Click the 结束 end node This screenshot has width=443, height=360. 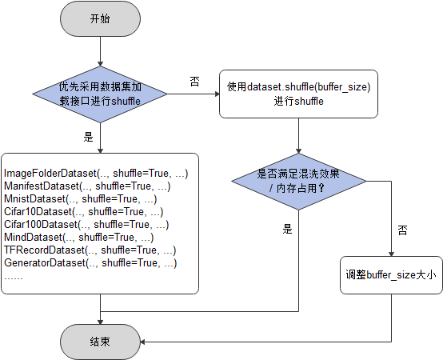point(100,341)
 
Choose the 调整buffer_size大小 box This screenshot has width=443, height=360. point(391,274)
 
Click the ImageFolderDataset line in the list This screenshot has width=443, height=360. point(96,173)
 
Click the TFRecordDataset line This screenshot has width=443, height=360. point(90,250)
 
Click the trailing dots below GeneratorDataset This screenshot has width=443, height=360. point(14,276)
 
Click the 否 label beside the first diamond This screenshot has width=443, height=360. point(194,81)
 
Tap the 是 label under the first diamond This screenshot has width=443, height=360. point(89,136)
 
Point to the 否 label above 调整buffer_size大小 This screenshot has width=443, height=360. point(403,230)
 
